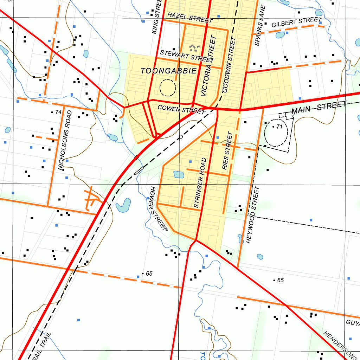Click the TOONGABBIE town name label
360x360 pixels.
169,71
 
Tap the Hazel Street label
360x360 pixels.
190,17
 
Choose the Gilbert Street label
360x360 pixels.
297,22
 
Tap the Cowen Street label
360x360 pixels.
181,109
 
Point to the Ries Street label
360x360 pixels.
228,151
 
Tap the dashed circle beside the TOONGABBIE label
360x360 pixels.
167,88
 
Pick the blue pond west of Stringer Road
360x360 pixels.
179,174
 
